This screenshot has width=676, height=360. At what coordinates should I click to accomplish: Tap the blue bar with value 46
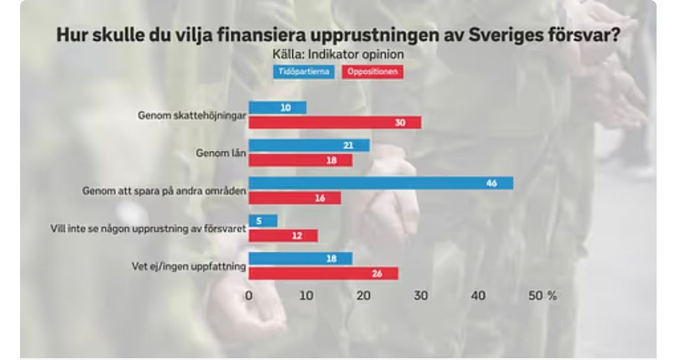(381, 183)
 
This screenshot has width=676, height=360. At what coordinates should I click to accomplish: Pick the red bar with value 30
(335, 123)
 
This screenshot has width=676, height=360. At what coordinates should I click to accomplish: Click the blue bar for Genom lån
(309, 145)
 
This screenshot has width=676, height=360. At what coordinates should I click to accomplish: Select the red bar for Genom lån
(300, 160)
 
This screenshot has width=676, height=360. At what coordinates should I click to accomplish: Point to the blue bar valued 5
(263, 220)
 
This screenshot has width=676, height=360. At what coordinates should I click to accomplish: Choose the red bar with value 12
(284, 235)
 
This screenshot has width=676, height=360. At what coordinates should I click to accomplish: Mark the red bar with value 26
(324, 274)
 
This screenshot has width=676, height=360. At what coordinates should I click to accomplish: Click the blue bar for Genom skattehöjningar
(278, 108)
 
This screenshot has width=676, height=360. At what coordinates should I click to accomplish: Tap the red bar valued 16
(295, 198)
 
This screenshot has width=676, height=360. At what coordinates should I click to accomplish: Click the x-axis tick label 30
(421, 296)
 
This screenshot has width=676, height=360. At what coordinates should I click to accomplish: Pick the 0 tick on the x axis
(248, 296)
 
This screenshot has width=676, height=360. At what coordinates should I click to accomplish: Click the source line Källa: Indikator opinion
(338, 54)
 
